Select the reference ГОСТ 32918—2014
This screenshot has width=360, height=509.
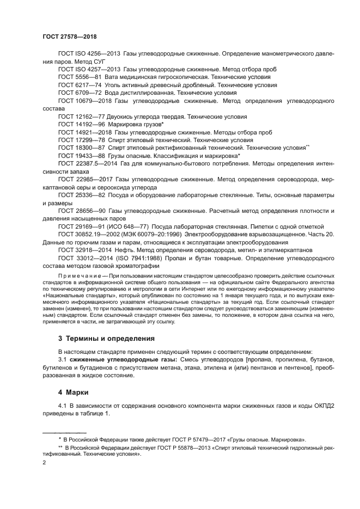(x=83, y=250)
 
